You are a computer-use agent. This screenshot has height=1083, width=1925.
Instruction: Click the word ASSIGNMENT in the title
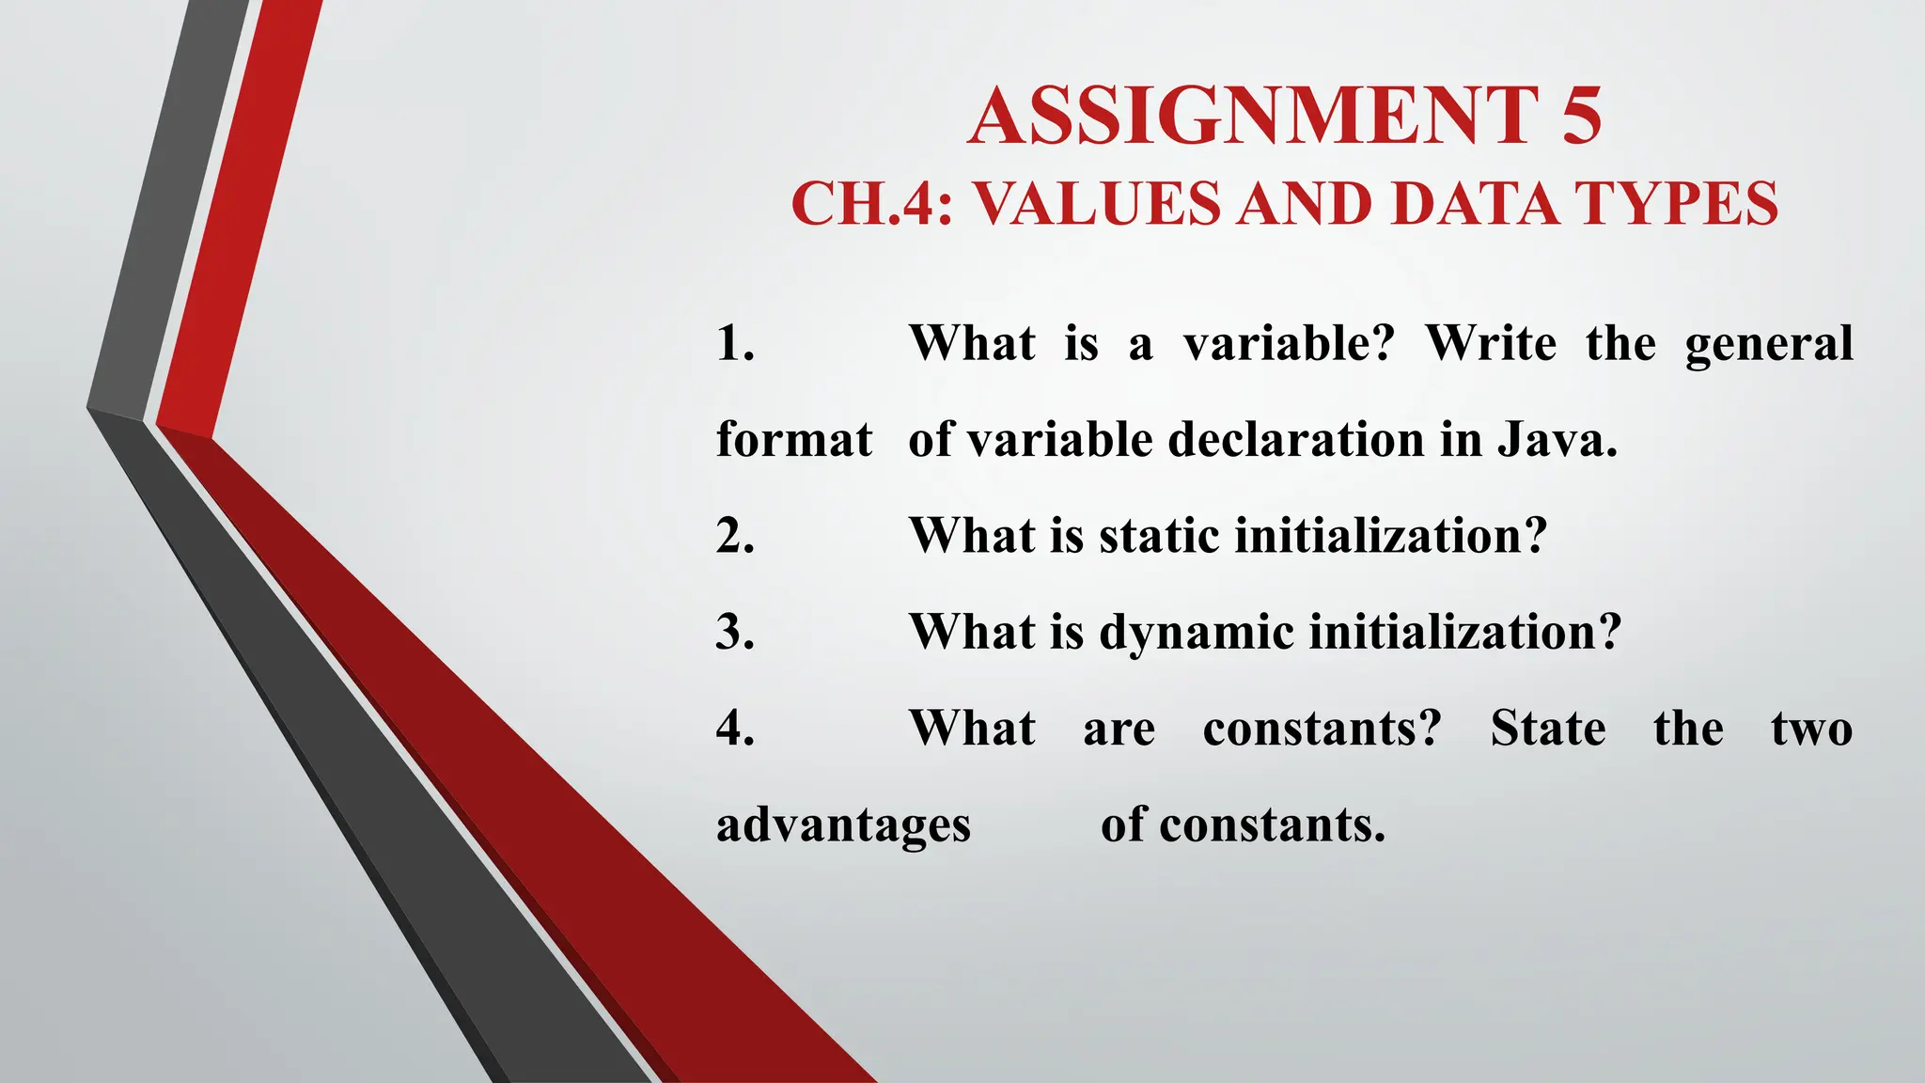click(1254, 117)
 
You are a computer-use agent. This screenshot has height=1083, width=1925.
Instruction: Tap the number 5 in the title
click(1582, 117)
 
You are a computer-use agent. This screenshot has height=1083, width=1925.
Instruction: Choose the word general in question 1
click(1768, 345)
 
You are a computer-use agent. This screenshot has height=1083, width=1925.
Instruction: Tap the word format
click(794, 440)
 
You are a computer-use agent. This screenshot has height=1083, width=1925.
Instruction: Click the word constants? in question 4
click(1322, 729)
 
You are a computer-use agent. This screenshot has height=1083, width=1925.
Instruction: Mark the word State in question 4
click(1548, 729)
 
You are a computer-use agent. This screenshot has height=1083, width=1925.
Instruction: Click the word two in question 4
click(1811, 729)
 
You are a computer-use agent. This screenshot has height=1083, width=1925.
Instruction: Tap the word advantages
click(843, 826)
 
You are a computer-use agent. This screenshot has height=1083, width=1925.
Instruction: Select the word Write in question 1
click(1491, 343)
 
